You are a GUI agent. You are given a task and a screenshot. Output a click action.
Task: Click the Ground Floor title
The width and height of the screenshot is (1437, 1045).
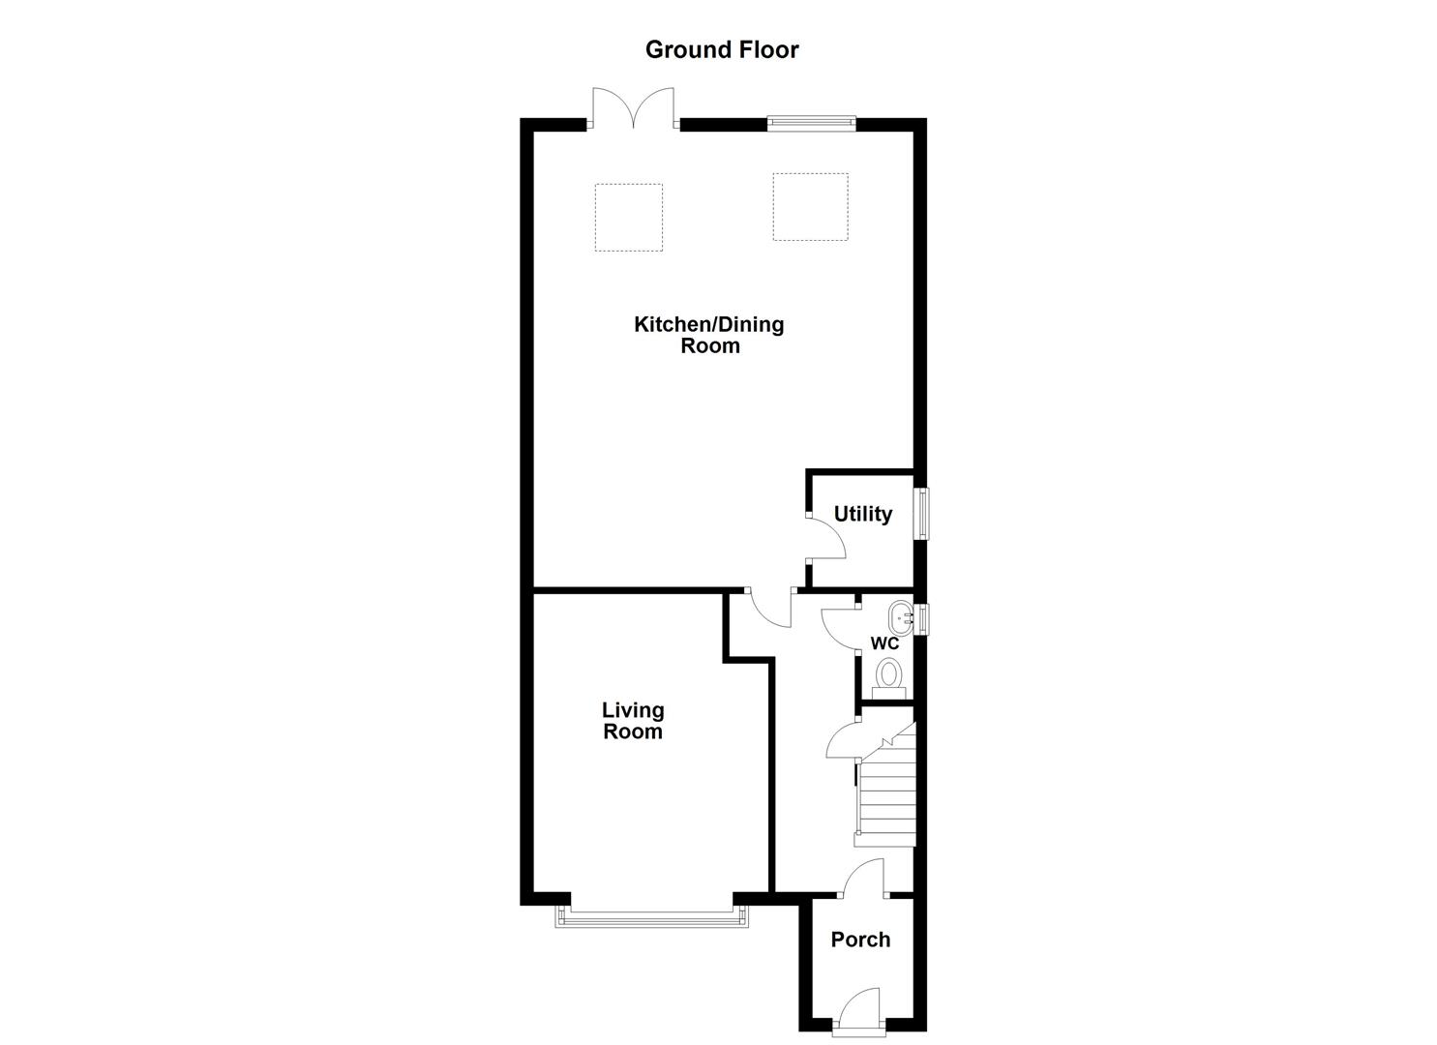tap(722, 49)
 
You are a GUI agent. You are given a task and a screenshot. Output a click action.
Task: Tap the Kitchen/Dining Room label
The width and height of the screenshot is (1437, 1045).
tap(708, 335)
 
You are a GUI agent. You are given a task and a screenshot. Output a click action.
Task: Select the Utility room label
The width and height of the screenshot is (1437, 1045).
tap(862, 514)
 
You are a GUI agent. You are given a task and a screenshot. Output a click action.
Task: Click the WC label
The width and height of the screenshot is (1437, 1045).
tap(884, 643)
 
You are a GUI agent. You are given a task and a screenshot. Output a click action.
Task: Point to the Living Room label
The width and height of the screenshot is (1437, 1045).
tap(633, 721)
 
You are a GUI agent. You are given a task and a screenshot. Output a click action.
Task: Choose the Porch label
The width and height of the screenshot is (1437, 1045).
tap(860, 940)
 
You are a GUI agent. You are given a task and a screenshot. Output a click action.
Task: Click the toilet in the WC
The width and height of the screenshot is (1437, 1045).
tap(888, 674)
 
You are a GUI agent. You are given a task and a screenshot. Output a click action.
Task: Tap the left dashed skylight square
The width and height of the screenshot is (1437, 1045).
tap(628, 218)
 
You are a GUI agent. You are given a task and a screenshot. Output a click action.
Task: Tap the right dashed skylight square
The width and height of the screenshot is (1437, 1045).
tap(810, 207)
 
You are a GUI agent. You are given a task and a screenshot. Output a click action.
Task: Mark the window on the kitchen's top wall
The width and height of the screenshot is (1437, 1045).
tap(811, 122)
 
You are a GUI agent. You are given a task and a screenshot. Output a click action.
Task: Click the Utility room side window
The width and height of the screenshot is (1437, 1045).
tap(923, 513)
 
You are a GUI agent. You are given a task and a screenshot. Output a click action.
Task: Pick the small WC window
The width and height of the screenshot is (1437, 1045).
tap(923, 619)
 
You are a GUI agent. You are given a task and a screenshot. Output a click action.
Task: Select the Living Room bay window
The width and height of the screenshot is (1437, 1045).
tap(652, 915)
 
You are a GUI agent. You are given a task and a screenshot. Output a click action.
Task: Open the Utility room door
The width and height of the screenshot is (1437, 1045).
tap(825, 538)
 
